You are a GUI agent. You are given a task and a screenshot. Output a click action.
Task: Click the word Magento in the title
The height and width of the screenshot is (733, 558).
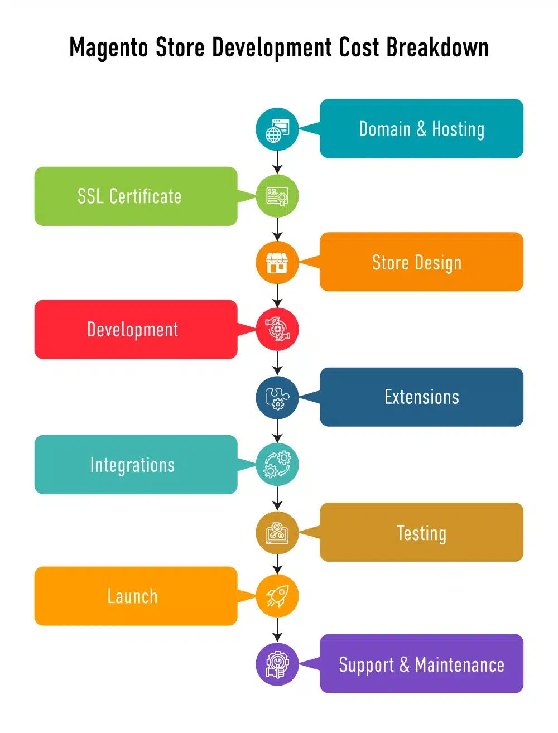point(108,48)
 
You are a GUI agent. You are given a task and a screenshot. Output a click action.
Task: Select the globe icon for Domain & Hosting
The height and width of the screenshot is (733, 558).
point(277,130)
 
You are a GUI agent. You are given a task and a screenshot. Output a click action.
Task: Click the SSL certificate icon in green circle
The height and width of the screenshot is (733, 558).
point(277,196)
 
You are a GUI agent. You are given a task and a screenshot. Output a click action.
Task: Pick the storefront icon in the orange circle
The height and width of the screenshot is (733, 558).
point(277,263)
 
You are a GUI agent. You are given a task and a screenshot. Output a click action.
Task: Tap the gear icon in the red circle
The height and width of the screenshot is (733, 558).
point(277,329)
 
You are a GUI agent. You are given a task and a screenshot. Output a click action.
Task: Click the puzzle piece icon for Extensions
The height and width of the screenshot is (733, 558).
point(277,398)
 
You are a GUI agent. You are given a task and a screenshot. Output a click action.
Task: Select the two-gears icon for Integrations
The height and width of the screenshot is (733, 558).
point(277,464)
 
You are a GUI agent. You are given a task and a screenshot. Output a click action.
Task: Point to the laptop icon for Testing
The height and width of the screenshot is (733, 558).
point(277,533)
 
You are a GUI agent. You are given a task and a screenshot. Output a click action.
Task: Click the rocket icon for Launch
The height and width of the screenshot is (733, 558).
point(277,596)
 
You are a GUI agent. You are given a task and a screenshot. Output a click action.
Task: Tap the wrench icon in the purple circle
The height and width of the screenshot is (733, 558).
point(277,664)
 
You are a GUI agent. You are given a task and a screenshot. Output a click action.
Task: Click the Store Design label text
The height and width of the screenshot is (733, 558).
point(417,263)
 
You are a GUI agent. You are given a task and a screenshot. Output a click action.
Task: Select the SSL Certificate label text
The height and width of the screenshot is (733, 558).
point(129,196)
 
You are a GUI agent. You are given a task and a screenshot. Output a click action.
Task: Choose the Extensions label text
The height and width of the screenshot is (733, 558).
point(422,397)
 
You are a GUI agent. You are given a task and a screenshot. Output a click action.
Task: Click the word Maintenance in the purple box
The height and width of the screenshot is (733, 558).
point(459,664)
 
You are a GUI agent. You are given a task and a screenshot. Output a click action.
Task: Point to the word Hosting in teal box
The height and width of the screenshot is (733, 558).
point(458,129)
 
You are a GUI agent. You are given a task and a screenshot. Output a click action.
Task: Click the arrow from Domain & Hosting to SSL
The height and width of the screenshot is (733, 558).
point(277,162)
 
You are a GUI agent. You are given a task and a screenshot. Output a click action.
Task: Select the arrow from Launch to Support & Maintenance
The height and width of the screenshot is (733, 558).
point(277,630)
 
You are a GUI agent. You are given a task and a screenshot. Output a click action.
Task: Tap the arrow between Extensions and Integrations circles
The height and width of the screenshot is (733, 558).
point(277,431)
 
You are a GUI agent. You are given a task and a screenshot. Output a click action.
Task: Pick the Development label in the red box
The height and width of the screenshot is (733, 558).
point(133,330)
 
